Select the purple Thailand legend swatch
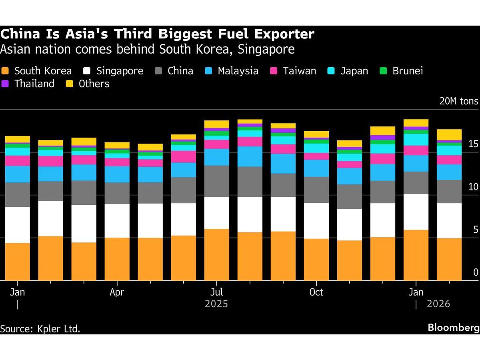click(x=6, y=84)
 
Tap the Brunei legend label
click(x=408, y=71)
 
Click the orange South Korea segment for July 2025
click(x=217, y=254)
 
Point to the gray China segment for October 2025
click(x=316, y=190)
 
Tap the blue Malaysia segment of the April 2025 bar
click(x=117, y=174)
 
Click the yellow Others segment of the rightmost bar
click(x=449, y=134)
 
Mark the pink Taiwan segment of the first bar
click(x=17, y=161)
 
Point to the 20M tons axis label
click(x=458, y=101)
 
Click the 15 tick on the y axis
click(x=473, y=144)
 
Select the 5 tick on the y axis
click(x=475, y=230)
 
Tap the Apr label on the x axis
click(x=117, y=292)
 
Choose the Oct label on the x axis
click(x=316, y=292)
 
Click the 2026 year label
click(x=438, y=304)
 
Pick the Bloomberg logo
click(x=453, y=328)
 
